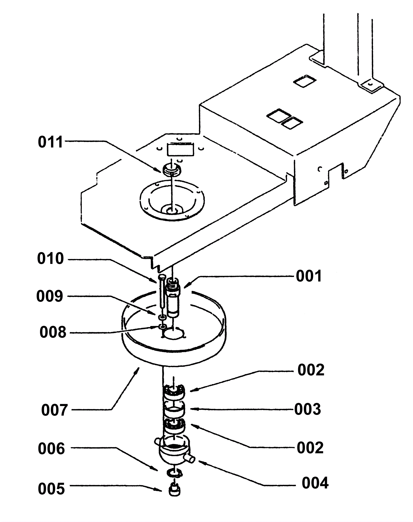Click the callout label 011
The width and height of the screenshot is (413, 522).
50,142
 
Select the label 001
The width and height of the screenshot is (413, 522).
309,276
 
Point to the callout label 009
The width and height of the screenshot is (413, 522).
50,296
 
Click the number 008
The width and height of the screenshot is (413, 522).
53,332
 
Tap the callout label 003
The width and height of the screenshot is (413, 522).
308,409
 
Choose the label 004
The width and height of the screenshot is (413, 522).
315,483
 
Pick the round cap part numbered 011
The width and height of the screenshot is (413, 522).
172,169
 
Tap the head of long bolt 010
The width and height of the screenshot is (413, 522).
162,277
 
